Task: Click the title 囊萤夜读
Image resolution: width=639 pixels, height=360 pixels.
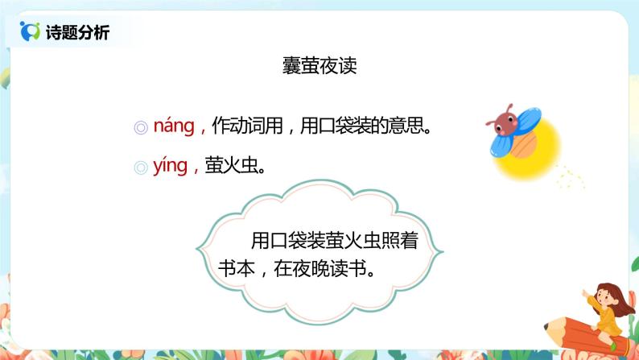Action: click(x=319, y=66)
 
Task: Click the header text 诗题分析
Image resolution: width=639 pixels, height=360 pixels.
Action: click(x=79, y=33)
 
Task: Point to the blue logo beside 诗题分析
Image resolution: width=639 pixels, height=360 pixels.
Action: click(x=31, y=32)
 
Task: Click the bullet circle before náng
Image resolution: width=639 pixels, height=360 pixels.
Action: click(x=140, y=127)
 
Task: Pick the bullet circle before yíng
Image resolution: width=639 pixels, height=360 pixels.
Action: click(x=140, y=168)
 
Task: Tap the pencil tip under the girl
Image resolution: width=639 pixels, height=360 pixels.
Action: click(x=550, y=326)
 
